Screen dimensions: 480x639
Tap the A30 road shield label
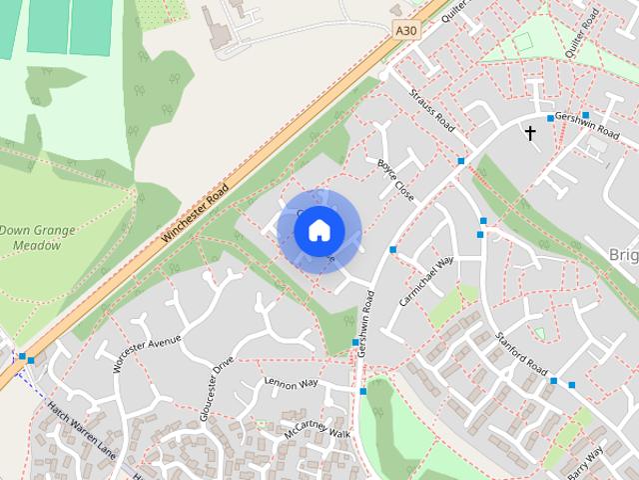pos(406,31)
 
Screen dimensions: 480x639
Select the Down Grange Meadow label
pos(37,237)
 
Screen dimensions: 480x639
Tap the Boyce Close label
pos(395,177)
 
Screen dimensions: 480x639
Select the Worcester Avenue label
pos(147,355)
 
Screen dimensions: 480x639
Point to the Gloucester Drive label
pos(216,388)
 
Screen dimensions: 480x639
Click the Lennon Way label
pos(291,383)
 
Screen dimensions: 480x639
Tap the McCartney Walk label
pos(318,433)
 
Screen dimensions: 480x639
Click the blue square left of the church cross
pos(550,118)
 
